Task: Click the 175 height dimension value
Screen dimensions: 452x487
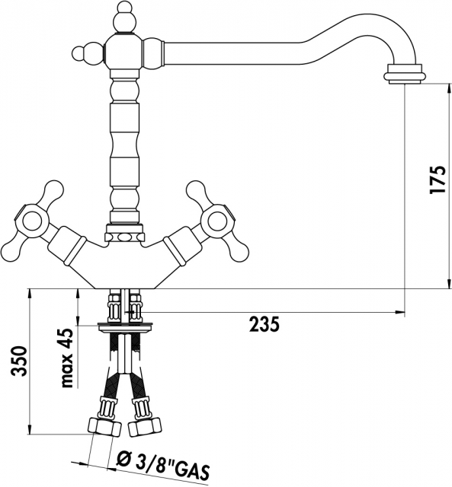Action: tap(438, 180)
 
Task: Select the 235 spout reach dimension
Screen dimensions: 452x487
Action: tap(264, 325)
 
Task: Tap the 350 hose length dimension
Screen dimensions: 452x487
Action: tap(18, 361)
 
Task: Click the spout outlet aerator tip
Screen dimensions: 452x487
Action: tap(404, 75)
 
